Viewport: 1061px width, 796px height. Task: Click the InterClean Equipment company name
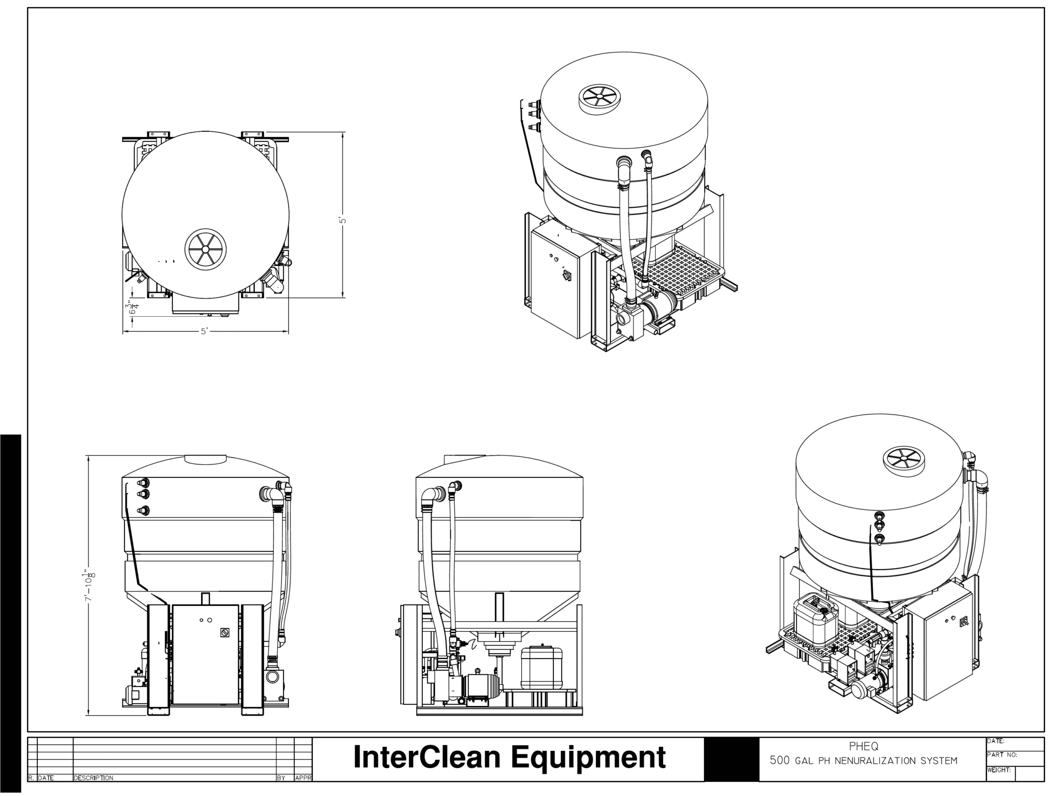click(509, 757)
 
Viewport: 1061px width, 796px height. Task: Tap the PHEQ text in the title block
click(864, 747)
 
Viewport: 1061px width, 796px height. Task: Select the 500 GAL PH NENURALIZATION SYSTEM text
click(864, 761)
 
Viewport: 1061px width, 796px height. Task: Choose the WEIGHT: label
click(999, 770)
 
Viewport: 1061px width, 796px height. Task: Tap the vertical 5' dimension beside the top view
click(342, 220)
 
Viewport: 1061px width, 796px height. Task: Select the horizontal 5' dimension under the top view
click(205, 332)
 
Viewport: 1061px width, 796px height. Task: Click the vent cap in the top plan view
click(206, 249)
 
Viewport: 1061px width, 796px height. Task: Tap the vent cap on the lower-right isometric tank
click(903, 460)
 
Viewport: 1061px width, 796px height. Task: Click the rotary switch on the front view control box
click(224, 633)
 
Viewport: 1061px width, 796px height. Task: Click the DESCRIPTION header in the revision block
click(93, 778)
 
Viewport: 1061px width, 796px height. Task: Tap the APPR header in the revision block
click(303, 778)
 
